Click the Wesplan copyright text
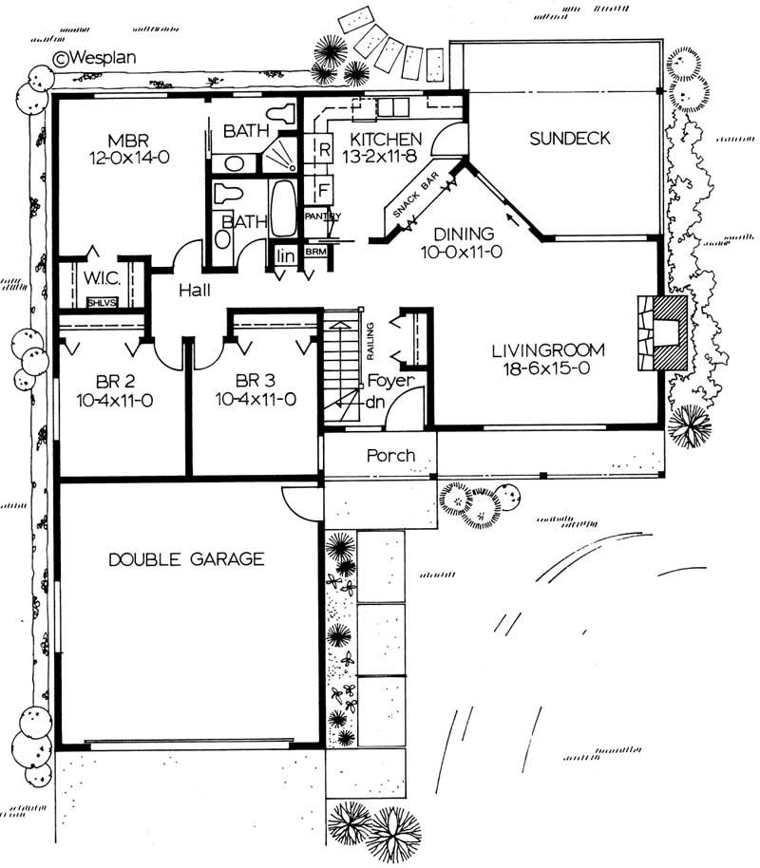click(x=96, y=57)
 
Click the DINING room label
click(x=463, y=234)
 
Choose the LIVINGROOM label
click(x=548, y=349)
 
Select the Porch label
click(x=390, y=456)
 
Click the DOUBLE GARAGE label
click(x=185, y=558)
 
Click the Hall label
click(x=193, y=291)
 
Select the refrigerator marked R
click(x=323, y=150)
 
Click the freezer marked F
click(x=323, y=189)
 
